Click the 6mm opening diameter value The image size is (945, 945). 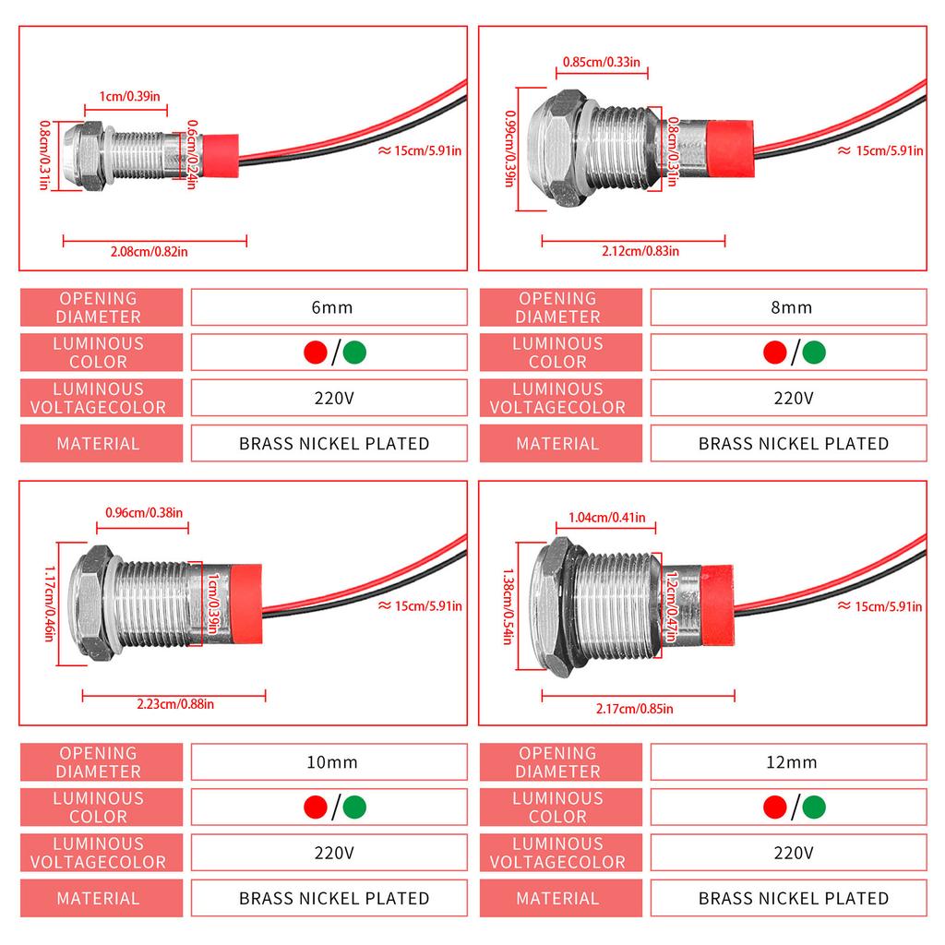point(332,307)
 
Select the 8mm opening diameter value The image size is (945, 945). point(791,307)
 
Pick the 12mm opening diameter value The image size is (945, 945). point(791,762)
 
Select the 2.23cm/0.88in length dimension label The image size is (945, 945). point(174,704)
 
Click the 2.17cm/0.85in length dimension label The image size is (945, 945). point(634,708)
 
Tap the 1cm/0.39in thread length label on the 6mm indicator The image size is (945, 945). point(128,96)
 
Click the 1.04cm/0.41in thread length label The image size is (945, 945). point(606,518)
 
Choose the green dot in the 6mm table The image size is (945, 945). point(354,353)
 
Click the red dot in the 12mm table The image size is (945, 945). point(775,807)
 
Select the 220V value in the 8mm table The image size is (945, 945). point(791,398)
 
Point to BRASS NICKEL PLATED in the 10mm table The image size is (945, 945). point(333,898)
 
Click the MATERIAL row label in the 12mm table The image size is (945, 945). point(557,898)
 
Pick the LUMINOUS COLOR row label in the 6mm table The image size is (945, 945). point(99,353)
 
